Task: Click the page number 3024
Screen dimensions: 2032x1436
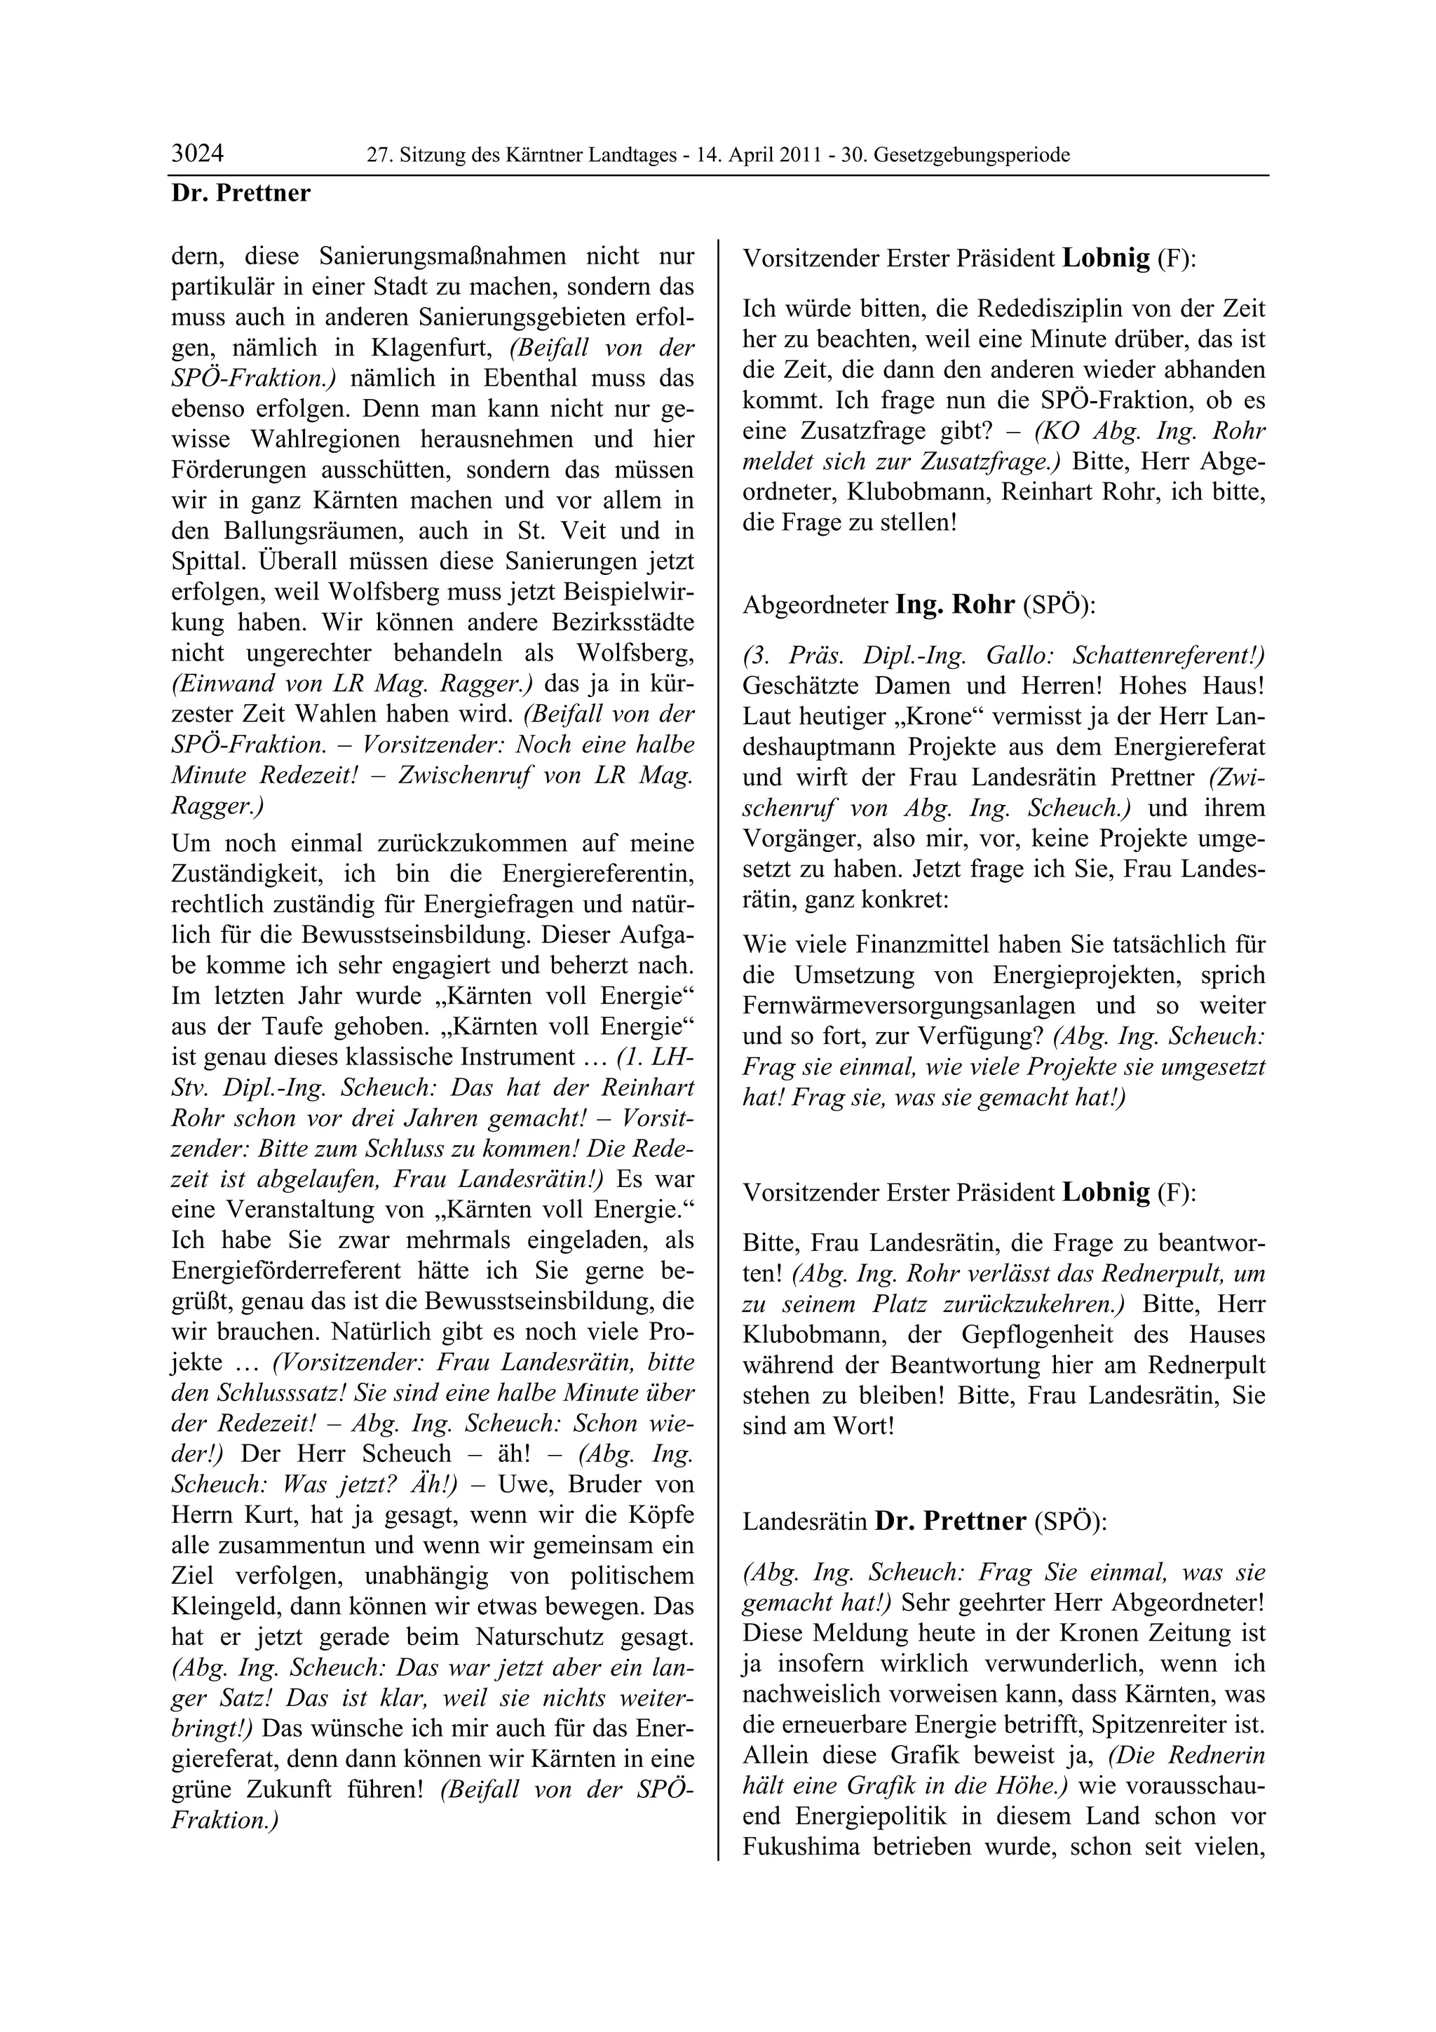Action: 197,154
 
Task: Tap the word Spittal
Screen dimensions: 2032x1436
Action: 206,562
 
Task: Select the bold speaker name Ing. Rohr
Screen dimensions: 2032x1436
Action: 955,604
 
